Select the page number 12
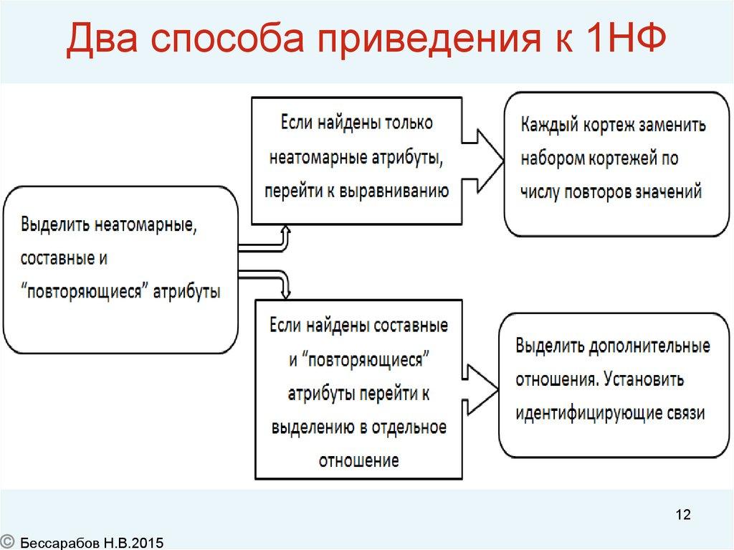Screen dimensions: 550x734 coord(682,515)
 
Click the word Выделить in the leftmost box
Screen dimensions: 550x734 coord(54,224)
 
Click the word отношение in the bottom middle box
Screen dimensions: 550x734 coord(359,460)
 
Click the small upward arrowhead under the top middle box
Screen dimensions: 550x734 coord(285,230)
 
